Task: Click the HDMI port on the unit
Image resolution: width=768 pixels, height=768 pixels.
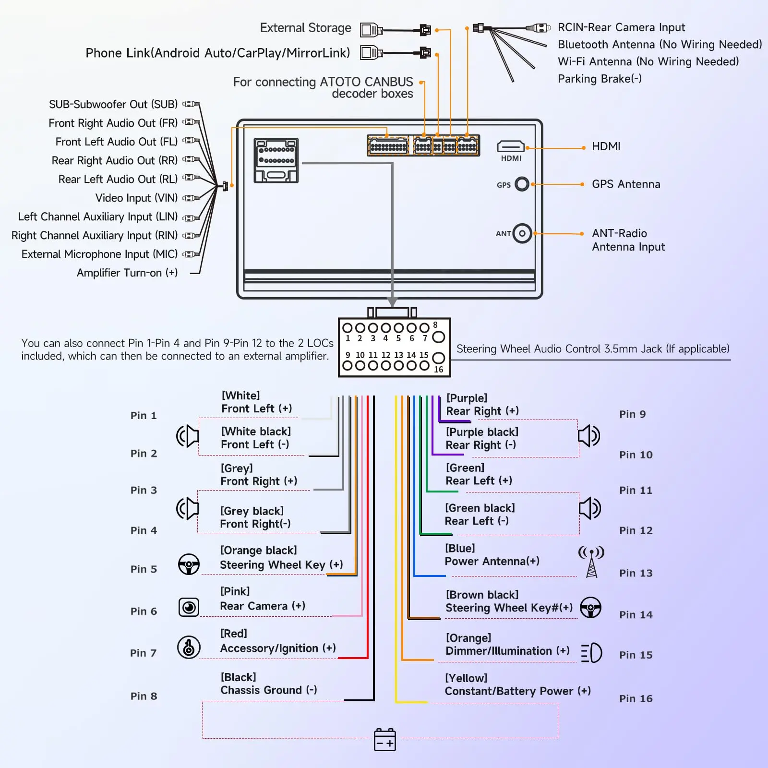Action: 511,146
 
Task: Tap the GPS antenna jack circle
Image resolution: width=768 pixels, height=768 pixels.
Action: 522,184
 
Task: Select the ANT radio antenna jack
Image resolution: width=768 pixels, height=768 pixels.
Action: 522,234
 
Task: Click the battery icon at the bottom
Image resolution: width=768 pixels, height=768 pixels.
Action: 385,739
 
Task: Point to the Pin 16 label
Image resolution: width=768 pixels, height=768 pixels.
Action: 636,698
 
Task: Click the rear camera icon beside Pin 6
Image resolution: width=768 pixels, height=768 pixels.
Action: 189,607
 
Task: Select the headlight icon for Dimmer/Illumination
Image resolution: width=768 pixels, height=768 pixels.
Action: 591,653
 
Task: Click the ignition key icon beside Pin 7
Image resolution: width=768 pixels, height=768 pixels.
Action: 189,647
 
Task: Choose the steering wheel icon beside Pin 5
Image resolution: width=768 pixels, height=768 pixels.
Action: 189,564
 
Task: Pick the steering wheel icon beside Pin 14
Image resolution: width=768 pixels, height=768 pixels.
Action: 590,607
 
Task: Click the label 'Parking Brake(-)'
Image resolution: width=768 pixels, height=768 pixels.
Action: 600,79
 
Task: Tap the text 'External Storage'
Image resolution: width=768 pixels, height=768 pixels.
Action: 306,28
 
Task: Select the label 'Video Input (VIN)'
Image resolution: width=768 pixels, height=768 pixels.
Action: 136,198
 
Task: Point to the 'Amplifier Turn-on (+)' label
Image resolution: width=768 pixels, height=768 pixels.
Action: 127,273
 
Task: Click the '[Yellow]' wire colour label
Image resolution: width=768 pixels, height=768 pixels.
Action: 466,678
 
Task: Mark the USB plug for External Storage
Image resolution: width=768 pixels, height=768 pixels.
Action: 372,30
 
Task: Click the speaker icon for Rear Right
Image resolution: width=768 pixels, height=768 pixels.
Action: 589,436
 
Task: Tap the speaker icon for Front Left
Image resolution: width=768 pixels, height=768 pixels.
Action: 188,436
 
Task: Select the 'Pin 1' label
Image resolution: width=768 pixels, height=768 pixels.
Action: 144,416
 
